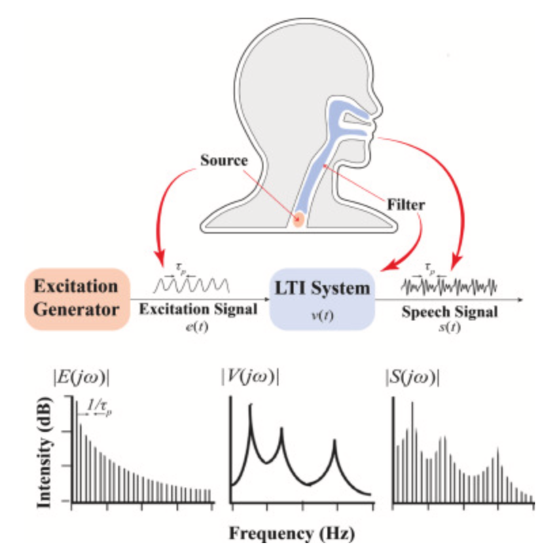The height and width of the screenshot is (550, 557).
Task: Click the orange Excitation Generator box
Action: pos(75,298)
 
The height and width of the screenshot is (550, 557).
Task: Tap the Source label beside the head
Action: pos(224,162)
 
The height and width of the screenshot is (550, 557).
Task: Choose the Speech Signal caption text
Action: pos(449,313)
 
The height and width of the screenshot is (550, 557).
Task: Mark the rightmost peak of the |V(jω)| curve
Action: pos(335,442)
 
